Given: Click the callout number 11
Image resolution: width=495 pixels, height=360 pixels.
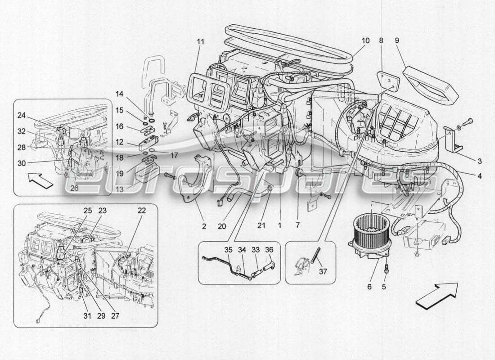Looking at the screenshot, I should (200, 41).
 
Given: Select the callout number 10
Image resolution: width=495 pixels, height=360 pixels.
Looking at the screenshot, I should (365, 40).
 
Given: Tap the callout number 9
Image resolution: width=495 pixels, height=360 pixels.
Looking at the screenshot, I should (397, 40).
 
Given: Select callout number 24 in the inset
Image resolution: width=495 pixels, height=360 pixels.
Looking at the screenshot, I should (21, 115).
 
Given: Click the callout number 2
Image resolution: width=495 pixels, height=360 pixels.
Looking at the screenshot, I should (204, 226).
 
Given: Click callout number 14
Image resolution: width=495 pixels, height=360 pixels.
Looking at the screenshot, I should (119, 94).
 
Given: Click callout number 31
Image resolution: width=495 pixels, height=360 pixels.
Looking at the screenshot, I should (87, 316).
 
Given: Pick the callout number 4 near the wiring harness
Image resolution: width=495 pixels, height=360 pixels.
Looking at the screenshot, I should (480, 176).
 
